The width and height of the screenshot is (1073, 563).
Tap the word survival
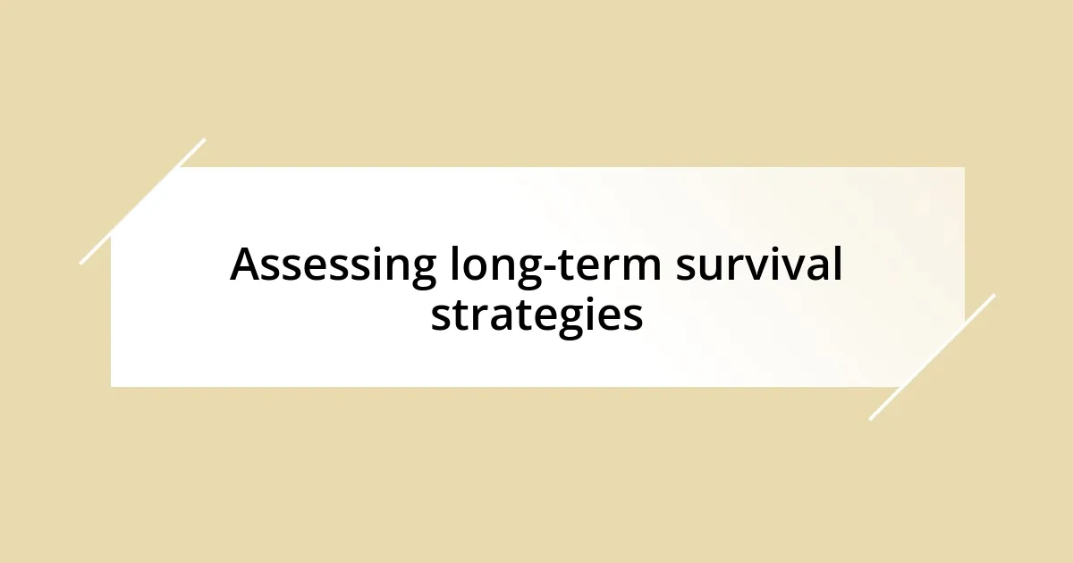click(758, 265)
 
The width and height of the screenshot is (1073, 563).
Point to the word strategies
click(536, 315)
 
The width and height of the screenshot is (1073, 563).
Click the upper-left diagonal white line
click(143, 201)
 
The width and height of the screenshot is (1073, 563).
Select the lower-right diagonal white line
click(932, 357)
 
